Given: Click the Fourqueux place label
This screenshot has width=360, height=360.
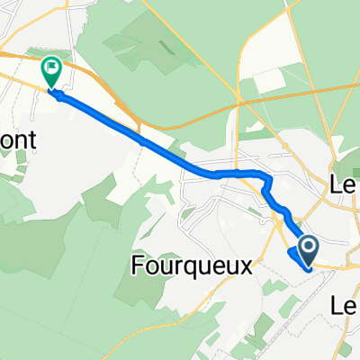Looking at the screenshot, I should (191, 266).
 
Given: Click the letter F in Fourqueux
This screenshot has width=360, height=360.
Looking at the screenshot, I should (138, 266).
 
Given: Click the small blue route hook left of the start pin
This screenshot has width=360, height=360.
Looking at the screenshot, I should (293, 256).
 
